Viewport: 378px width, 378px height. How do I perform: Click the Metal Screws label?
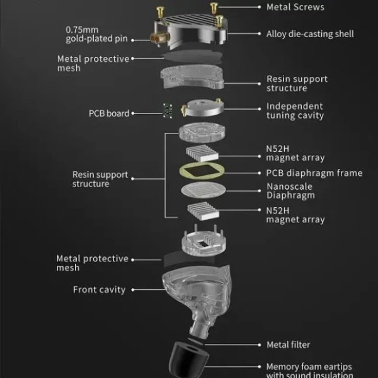[x=295, y=7]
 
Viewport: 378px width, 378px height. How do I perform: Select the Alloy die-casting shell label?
[x=310, y=34]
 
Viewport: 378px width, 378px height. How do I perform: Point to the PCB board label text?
[x=109, y=113]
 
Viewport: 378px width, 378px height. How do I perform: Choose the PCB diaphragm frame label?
[x=314, y=173]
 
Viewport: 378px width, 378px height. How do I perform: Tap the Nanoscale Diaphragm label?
[x=290, y=191]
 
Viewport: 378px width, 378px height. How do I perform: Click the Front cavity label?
[x=100, y=290]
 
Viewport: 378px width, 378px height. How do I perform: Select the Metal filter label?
[x=289, y=345]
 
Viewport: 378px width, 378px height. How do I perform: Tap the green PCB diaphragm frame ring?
[x=203, y=171]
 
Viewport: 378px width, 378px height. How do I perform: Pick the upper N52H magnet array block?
[x=202, y=152]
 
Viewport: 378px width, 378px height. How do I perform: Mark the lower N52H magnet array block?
[x=203, y=212]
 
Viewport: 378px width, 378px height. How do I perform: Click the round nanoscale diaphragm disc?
[x=203, y=191]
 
